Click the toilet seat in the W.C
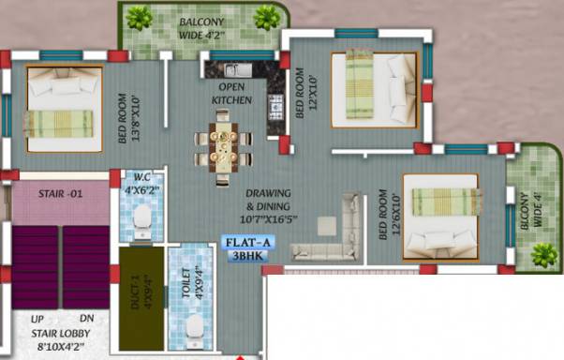pyautogui.click(x=141, y=218)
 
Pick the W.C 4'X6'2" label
pyautogui.click(x=141, y=184)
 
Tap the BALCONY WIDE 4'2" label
pyautogui.click(x=204, y=25)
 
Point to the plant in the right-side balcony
pyautogui.click(x=542, y=252)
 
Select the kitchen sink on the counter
pyautogui.click(x=233, y=69)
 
